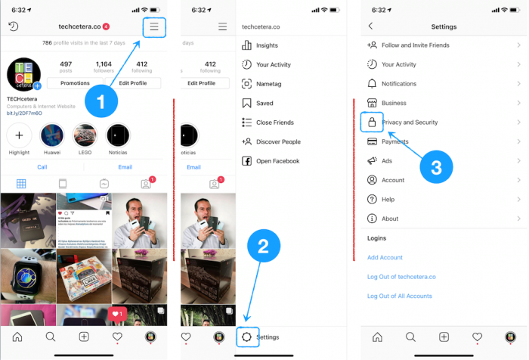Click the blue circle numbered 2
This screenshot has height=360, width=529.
[x=263, y=246]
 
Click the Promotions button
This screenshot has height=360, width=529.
[x=75, y=83]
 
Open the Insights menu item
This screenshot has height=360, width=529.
[x=267, y=45]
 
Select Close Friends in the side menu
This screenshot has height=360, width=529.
[x=274, y=122]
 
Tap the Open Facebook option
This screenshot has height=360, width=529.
[x=277, y=160]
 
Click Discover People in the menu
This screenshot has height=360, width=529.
[x=278, y=141]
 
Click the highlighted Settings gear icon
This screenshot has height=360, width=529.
[x=247, y=337]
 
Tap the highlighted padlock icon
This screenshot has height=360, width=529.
[x=372, y=122]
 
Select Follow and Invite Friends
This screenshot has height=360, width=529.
[x=415, y=45]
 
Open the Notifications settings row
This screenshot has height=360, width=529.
[x=399, y=84]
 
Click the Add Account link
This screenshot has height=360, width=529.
[x=385, y=257]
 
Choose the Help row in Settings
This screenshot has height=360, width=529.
[x=388, y=200]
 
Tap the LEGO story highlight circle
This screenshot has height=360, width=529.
[x=85, y=136]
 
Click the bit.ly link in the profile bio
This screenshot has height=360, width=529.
[x=24, y=113]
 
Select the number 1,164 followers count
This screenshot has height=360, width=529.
[x=104, y=64]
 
